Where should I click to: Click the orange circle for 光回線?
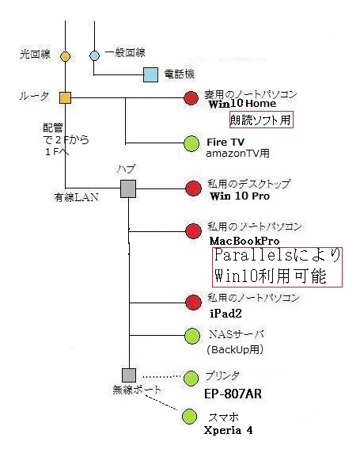pos(65,56)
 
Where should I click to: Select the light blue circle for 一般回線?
pos(94,55)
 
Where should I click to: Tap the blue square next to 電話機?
pos(150,74)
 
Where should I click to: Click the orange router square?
pos(65,98)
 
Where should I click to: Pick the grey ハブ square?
pos(128,188)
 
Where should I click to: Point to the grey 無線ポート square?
pos(129,375)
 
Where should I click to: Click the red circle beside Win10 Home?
pos(191,98)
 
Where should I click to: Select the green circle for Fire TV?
pos(191,143)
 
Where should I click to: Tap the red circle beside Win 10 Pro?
pos(193,188)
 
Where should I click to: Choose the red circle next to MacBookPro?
pos(193,231)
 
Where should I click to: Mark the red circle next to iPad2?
pos(193,303)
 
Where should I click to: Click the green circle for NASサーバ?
pos(192,336)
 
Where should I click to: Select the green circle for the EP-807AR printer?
pos(191,378)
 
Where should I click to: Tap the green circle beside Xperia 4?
pos(189,417)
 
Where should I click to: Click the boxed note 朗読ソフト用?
pos(261,120)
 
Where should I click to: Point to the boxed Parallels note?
pos(277,267)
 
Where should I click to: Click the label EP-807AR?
pos(233,394)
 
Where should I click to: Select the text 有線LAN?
pos(77,197)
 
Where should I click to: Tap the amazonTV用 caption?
pos(237,154)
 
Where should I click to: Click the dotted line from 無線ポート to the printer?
pos(161,377)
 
